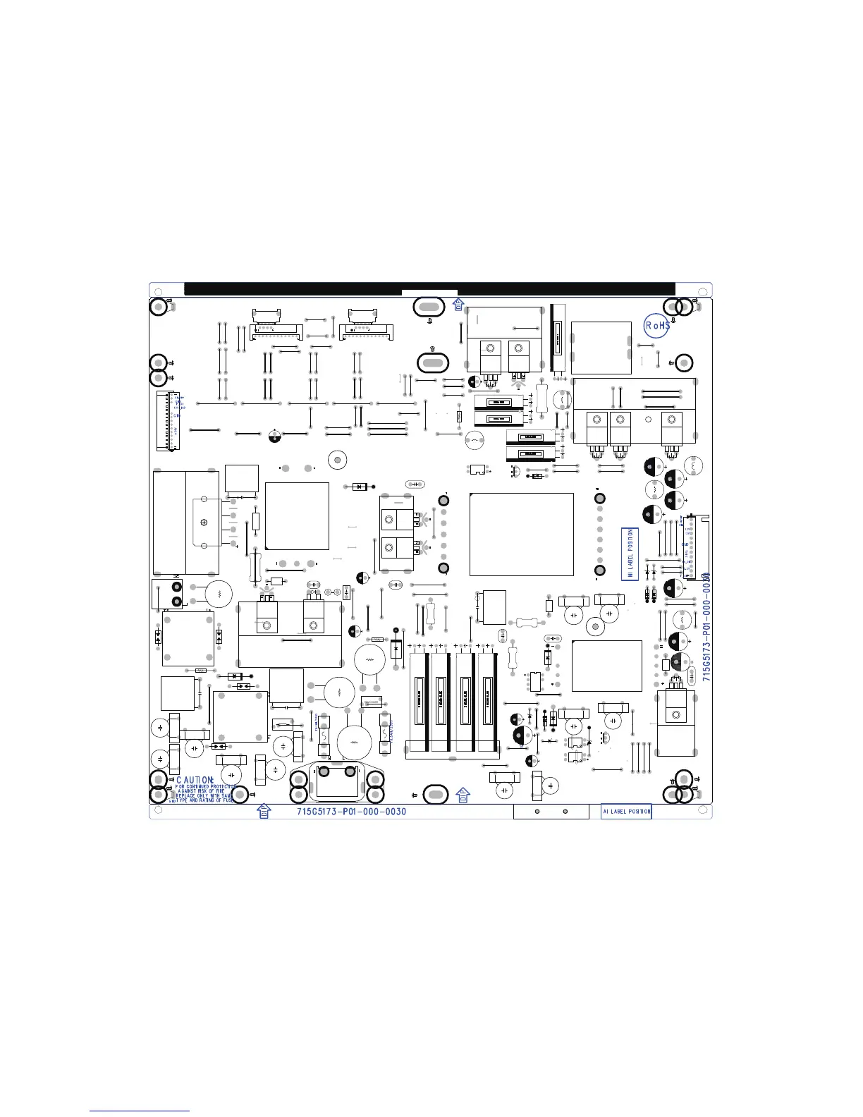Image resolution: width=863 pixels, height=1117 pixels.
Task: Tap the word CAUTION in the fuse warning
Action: [x=194, y=781]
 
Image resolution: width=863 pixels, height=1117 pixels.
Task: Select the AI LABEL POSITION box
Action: [x=626, y=812]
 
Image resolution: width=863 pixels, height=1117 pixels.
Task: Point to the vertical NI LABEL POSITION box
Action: [x=630, y=554]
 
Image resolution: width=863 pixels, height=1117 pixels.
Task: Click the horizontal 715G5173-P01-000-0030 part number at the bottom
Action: [x=351, y=812]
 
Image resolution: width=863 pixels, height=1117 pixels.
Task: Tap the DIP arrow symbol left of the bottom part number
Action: [x=263, y=811]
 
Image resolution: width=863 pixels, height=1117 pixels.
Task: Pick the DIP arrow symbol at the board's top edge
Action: [x=458, y=304]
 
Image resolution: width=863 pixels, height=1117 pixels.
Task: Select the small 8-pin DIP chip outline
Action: [x=535, y=681]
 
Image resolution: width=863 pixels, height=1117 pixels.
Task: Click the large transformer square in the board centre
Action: [x=521, y=534]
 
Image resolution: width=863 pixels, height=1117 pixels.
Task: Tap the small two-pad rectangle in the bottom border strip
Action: [x=551, y=812]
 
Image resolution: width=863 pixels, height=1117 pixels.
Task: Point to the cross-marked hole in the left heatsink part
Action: [x=204, y=522]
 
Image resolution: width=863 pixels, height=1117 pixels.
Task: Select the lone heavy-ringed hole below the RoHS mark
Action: [x=683, y=363]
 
